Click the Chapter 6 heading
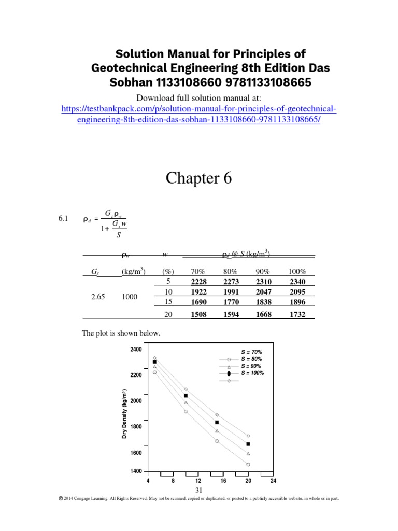click(x=198, y=178)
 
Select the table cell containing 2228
click(x=199, y=282)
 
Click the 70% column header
click(x=199, y=271)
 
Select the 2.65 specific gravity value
click(x=92, y=297)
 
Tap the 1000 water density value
click(x=130, y=297)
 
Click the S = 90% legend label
click(x=251, y=366)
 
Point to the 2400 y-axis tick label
click(x=136, y=350)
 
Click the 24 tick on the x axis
click(x=273, y=481)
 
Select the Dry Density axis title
click(x=125, y=415)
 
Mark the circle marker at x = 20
click(x=248, y=464)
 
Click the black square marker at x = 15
click(x=217, y=423)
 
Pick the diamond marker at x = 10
click(x=186, y=389)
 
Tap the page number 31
click(x=198, y=490)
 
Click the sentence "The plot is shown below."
click(x=121, y=333)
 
